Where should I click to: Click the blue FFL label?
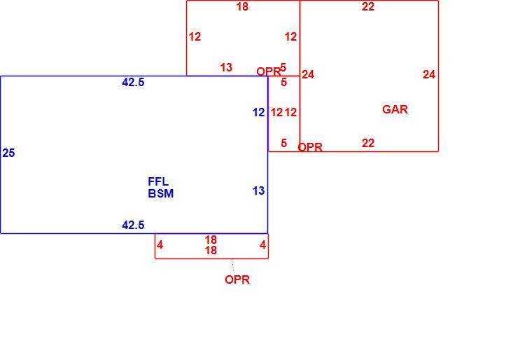[x=158, y=181]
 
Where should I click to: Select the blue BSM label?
[x=161, y=193]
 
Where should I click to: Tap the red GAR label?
[x=395, y=109]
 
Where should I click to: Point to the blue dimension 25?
[x=8, y=153]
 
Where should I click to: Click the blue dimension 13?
[x=259, y=191]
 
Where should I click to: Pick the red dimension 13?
[x=227, y=68]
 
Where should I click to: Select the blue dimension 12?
[x=259, y=113]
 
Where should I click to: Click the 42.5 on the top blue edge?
[x=133, y=82]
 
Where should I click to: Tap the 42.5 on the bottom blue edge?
[x=133, y=226]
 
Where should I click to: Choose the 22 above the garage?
[x=368, y=6]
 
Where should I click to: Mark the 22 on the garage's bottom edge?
[x=368, y=144]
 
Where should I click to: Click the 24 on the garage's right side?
[x=429, y=75]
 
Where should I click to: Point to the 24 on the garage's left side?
[x=308, y=75]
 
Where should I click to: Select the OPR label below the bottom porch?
[x=237, y=279]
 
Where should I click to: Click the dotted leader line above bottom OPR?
[x=233, y=265]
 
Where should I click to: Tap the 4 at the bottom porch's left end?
[x=160, y=245]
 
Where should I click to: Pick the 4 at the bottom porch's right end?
[x=263, y=245]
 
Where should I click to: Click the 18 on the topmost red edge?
[x=242, y=6]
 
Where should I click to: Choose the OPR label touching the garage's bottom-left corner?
[x=311, y=147]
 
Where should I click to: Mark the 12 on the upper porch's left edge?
[x=195, y=37]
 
